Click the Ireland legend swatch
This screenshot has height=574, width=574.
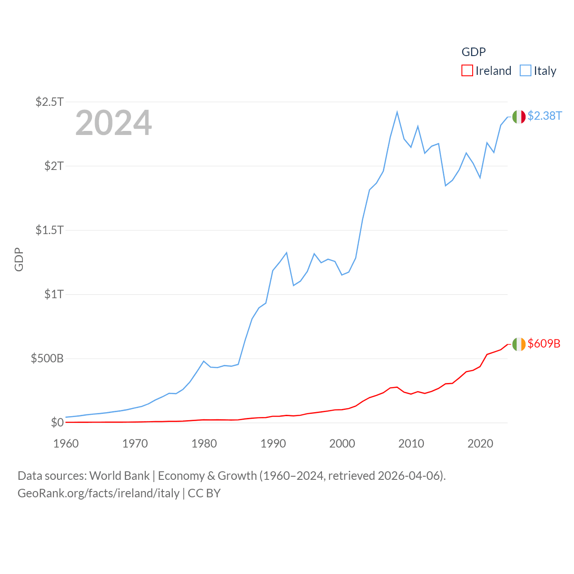point(467,71)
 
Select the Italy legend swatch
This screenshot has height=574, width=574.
point(526,71)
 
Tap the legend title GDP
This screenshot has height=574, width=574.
point(474,52)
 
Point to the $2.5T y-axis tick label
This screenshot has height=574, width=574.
point(50,102)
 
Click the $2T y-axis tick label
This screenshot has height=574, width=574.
point(54,166)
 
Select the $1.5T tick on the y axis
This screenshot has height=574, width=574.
point(50,230)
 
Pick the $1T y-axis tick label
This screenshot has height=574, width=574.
point(54,294)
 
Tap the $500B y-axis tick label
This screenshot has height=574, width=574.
point(47,358)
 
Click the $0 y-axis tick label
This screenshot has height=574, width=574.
point(57,422)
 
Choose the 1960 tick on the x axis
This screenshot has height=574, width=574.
point(66,444)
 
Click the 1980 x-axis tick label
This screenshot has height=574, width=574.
point(204,444)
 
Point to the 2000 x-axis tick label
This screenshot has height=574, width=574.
point(342,444)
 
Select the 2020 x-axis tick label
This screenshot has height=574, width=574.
point(480,444)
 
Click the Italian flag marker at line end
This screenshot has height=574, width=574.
point(519,117)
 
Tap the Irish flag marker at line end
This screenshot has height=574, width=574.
point(519,344)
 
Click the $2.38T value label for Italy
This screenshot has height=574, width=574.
point(544,116)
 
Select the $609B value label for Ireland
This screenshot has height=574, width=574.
point(544,344)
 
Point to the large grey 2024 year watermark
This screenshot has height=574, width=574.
point(113,123)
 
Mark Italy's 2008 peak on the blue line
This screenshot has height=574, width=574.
point(397,112)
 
